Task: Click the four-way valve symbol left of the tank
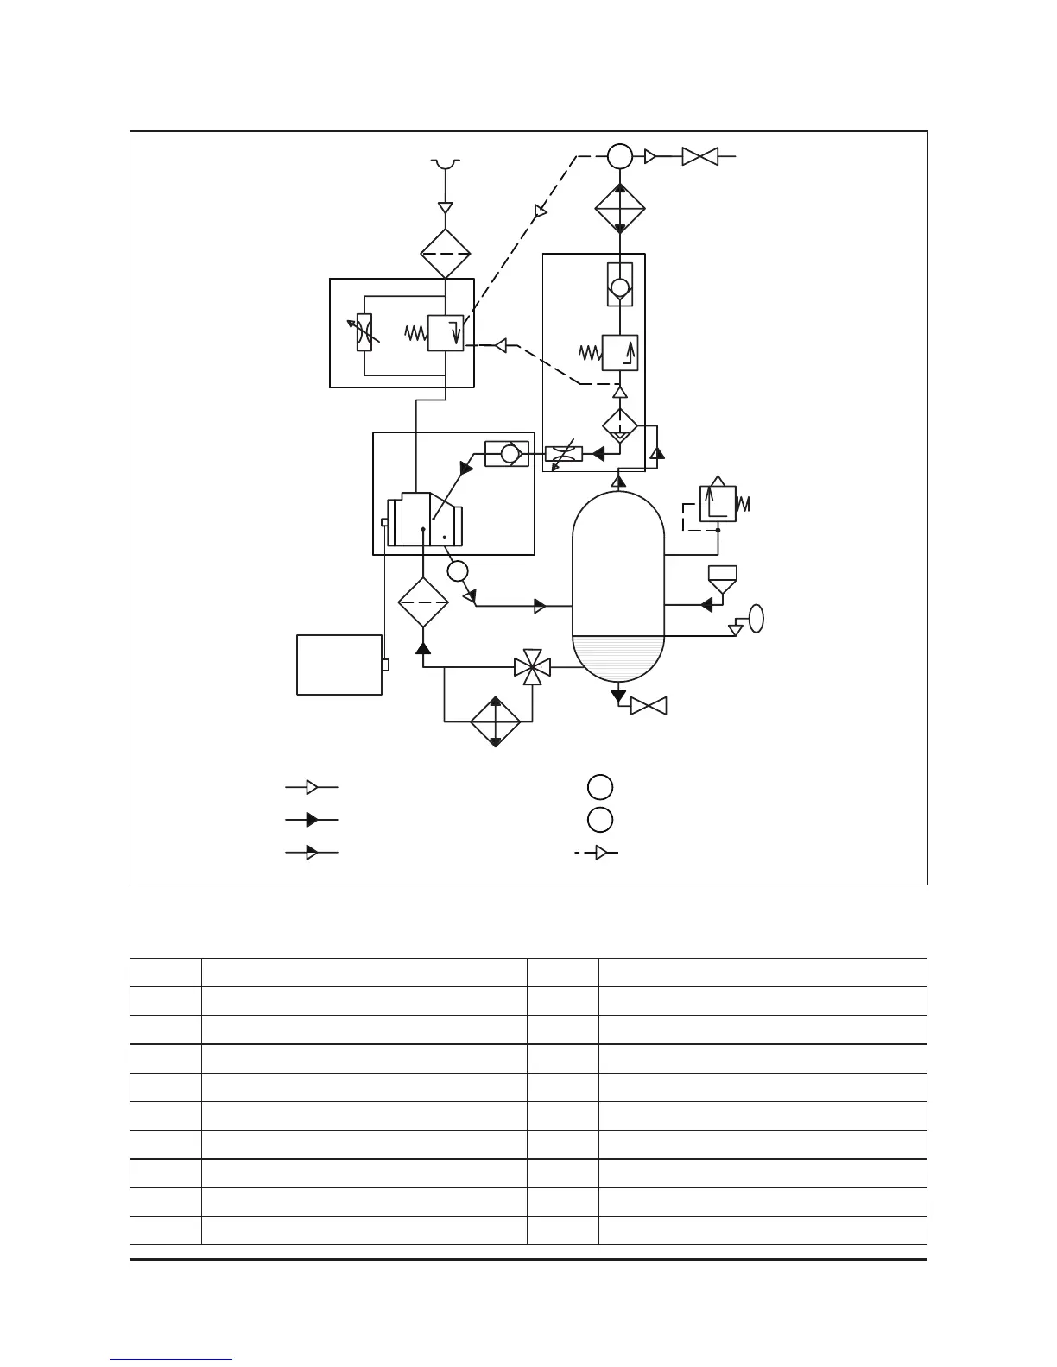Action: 533,667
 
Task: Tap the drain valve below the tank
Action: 649,706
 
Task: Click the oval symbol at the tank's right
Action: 756,619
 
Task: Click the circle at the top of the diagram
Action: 619,156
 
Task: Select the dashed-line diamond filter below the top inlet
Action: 445,254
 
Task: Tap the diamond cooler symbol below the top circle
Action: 620,208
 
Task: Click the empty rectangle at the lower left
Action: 339,665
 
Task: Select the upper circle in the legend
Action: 600,787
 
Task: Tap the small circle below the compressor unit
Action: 458,570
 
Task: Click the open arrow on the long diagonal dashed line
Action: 541,211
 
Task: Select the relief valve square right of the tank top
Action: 717,504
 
